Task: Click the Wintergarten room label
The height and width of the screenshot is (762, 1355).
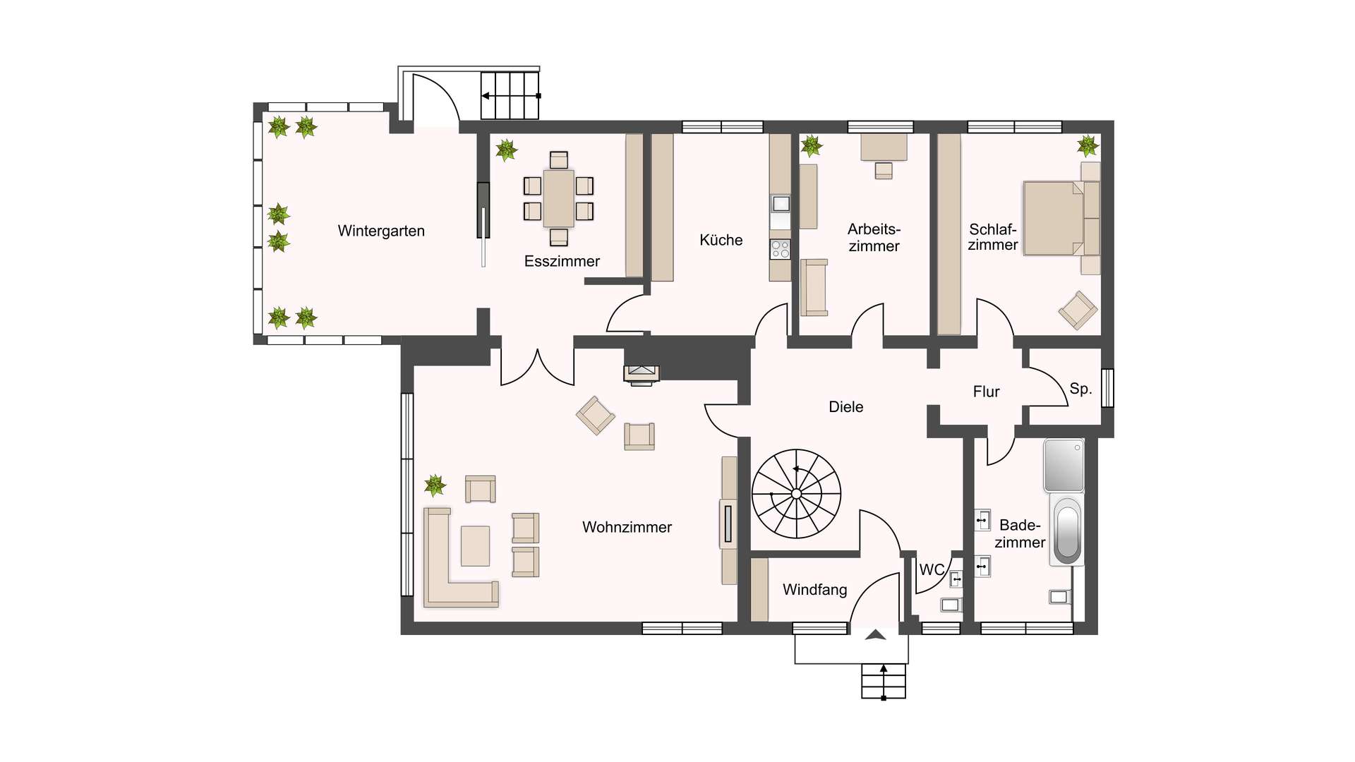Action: (x=381, y=231)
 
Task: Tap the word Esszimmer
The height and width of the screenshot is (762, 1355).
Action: (x=562, y=261)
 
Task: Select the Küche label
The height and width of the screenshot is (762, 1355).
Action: (x=721, y=240)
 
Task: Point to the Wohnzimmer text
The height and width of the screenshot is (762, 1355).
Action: (x=627, y=527)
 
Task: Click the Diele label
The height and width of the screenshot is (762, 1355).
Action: (x=845, y=407)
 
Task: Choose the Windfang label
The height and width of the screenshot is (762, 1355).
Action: (x=814, y=590)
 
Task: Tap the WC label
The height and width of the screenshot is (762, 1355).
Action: (x=932, y=569)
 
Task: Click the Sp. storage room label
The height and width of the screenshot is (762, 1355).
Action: (x=1080, y=389)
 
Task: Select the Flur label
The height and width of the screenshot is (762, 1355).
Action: (x=986, y=392)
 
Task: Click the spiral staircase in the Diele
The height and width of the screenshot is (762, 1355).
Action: (x=796, y=494)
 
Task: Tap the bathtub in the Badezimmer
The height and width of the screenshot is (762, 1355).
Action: (x=1066, y=529)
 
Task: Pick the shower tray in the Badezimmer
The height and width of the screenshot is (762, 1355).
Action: (x=1064, y=466)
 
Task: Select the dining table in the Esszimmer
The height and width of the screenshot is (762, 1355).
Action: (x=558, y=198)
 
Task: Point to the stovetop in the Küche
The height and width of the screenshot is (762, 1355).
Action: (x=780, y=249)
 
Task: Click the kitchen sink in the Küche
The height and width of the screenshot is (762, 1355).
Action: (x=780, y=204)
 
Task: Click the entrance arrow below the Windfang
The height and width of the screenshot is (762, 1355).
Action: (x=875, y=634)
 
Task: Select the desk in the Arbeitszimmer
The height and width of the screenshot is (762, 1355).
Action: (x=884, y=147)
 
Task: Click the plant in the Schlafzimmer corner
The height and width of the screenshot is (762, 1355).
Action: (x=1088, y=146)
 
